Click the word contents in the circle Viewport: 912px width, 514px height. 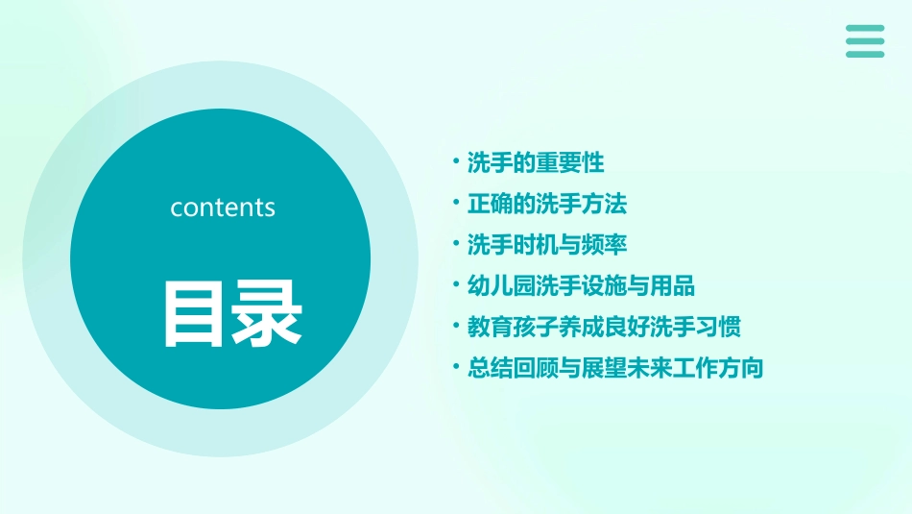click(223, 208)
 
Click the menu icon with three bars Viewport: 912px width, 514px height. click(865, 41)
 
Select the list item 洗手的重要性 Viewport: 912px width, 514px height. click(536, 162)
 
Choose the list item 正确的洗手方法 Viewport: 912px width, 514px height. click(547, 204)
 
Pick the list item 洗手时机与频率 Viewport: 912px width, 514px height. click(547, 245)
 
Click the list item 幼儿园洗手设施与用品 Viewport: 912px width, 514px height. click(581, 286)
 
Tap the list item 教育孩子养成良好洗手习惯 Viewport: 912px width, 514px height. click(604, 327)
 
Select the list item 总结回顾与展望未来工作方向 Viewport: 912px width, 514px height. click(615, 368)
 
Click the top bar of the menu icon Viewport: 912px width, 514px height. click(865, 29)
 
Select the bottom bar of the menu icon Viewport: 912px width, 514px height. click(865, 54)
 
